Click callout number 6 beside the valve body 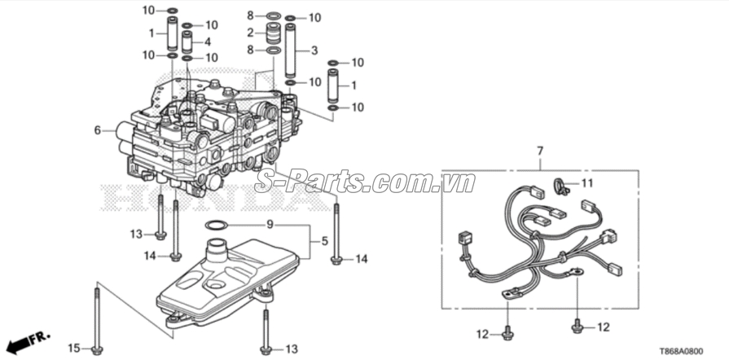(97, 130)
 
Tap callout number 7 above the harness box (538, 151)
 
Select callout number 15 (73, 349)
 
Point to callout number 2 (251, 33)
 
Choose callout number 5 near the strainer (323, 241)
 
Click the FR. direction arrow (27, 338)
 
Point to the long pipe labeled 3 (290, 50)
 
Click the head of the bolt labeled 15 (97, 350)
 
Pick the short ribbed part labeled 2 (272, 34)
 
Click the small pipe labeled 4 (187, 42)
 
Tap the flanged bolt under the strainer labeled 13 (266, 349)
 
